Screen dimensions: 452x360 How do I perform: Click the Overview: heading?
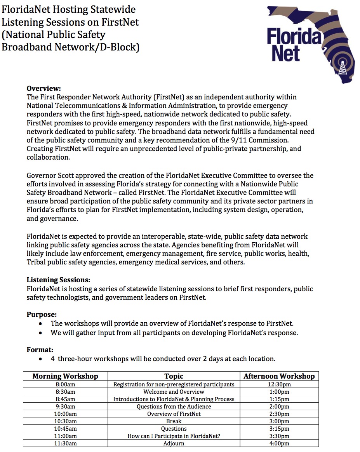pyautogui.click(x=44, y=89)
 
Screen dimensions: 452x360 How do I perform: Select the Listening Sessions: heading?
pyautogui.click(x=58, y=280)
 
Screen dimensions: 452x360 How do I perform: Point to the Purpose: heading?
pyautogui.click(x=42, y=315)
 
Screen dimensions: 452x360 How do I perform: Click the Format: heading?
pyautogui.click(x=40, y=350)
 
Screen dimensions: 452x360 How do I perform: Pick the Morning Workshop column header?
pyautogui.click(x=65, y=376)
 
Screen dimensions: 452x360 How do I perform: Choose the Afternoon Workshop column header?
pyautogui.click(x=279, y=376)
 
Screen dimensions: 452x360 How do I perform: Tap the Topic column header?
pyautogui.click(x=174, y=376)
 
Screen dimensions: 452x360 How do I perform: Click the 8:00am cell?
pyautogui.click(x=65, y=384)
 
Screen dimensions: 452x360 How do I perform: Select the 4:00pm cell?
pyautogui.click(x=279, y=443)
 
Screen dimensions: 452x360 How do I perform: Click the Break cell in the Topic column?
pyautogui.click(x=174, y=421)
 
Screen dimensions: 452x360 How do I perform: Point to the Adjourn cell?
pyautogui.click(x=174, y=443)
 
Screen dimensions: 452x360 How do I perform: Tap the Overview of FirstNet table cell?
pyautogui.click(x=174, y=414)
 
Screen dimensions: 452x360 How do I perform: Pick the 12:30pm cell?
pyautogui.click(x=279, y=384)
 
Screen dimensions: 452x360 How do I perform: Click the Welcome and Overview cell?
pyautogui.click(x=174, y=392)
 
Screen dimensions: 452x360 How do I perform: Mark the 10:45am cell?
pyautogui.click(x=65, y=429)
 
